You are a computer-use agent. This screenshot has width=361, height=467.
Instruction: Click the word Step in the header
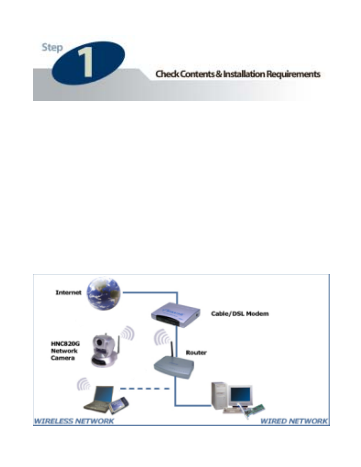point(52,47)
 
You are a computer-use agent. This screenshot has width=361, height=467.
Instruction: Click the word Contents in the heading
point(197,74)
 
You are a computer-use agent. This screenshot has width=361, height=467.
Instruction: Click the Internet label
point(68,293)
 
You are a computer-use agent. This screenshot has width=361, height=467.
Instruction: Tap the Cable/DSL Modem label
point(240,314)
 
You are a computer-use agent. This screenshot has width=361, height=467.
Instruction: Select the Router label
point(196,353)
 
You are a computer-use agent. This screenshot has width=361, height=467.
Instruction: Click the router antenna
point(172,349)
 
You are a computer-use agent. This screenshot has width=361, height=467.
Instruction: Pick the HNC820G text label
point(65,344)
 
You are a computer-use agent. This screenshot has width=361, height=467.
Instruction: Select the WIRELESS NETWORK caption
point(74,421)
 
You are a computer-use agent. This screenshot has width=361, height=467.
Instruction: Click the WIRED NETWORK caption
point(294,421)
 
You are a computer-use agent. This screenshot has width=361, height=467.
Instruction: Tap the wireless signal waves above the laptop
point(83,384)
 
